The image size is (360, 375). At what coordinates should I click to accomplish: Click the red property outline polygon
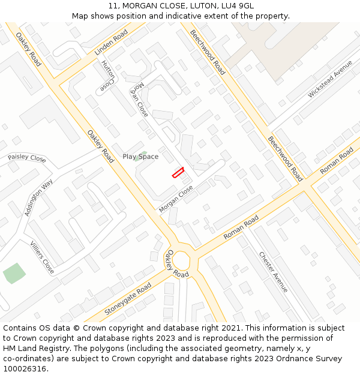178,172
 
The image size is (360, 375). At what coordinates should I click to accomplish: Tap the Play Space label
140,157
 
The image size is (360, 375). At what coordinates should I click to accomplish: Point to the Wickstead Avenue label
330,79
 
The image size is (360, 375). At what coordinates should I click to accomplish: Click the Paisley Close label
27,158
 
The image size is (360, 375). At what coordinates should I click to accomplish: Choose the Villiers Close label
42,257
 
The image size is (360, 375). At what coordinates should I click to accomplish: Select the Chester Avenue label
274,271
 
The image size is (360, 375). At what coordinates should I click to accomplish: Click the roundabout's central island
181,262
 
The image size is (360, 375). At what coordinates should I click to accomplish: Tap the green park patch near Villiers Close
14,273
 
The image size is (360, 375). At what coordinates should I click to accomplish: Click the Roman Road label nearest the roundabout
241,227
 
